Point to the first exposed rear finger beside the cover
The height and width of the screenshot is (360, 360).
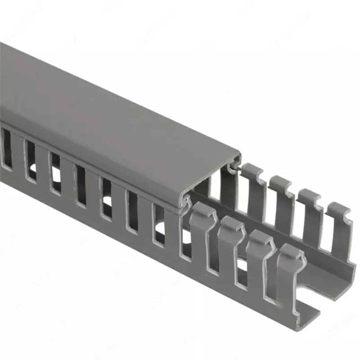coord(254,189)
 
